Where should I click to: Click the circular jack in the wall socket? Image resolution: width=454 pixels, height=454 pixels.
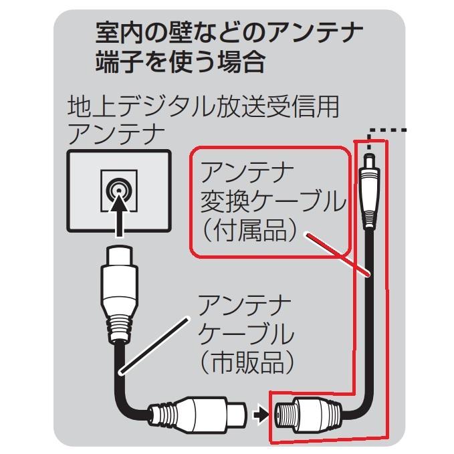(x=118, y=189)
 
